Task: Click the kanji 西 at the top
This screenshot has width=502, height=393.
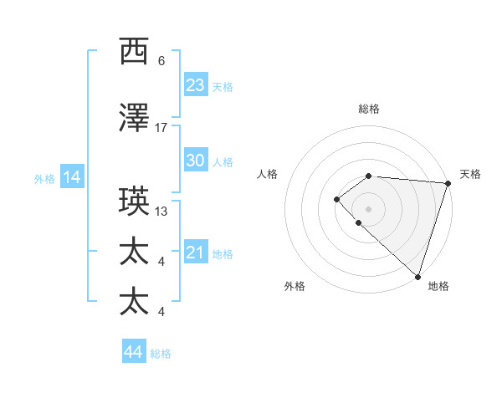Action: point(135,52)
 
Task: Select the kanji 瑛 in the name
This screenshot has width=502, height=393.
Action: point(135,202)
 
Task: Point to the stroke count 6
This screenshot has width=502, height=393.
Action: point(161,61)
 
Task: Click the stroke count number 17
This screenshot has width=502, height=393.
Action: point(161,127)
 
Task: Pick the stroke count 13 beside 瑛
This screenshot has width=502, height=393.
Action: point(161,211)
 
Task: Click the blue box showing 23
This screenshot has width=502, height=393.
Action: point(196,85)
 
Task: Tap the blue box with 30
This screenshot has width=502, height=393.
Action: point(196,161)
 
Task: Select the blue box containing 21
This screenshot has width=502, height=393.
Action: point(196,253)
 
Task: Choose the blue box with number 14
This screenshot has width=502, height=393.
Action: point(72,177)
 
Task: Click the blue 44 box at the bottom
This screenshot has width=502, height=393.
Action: point(134,352)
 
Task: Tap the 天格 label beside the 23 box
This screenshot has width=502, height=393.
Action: point(223,87)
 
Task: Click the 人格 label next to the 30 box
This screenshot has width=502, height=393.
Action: point(223,162)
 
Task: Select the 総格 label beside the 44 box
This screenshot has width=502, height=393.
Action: point(161,354)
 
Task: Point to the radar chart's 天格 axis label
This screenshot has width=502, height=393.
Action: point(471,174)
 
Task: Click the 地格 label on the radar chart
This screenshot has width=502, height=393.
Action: point(438,286)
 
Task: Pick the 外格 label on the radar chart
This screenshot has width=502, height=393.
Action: point(295,286)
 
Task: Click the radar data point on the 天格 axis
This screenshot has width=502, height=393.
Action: point(448,183)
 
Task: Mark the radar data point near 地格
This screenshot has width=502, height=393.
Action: point(417,276)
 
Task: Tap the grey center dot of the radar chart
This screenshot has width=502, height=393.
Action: point(368,208)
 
